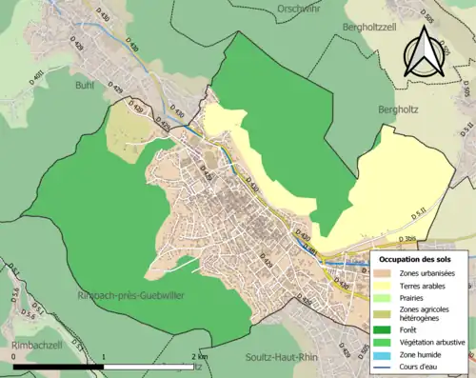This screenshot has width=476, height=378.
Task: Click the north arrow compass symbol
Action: point(421,50)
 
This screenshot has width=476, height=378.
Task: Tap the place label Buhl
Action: point(85,84)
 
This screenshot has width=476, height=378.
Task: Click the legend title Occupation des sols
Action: point(422,259)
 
